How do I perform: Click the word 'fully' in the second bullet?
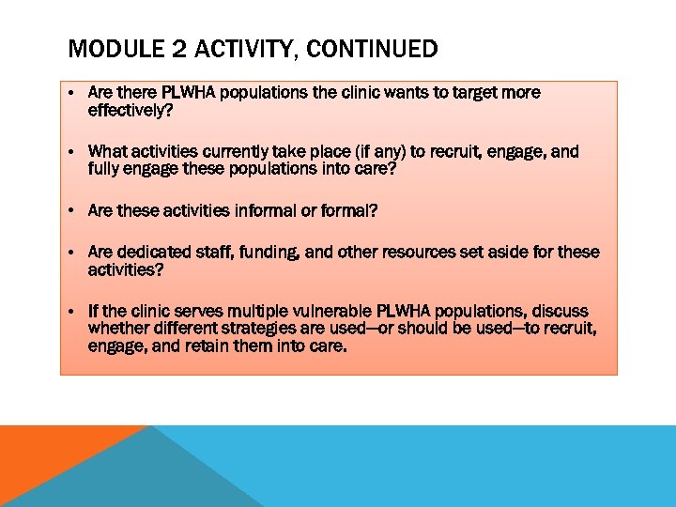pos(105,168)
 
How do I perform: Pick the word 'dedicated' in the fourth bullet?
pos(156,252)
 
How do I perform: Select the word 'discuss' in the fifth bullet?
pos(562,312)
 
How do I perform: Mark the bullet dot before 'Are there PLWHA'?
pos(71,94)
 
